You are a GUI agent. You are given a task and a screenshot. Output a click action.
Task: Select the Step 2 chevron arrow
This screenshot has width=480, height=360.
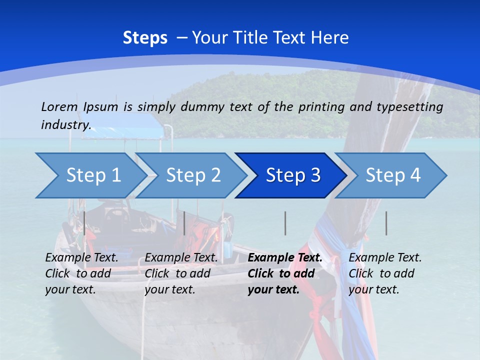[x=192, y=175]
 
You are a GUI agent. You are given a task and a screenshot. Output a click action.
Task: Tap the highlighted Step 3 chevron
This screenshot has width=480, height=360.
[x=292, y=175]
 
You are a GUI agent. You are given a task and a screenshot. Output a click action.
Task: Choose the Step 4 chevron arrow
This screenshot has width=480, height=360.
[x=392, y=175]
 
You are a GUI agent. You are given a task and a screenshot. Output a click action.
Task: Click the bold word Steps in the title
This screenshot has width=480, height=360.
[x=145, y=37]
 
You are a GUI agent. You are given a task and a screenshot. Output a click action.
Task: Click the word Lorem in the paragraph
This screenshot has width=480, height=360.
[x=59, y=106]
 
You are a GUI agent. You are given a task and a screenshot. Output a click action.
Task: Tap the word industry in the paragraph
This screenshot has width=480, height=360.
[x=65, y=125]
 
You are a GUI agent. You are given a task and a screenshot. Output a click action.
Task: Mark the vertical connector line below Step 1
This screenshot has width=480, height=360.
[x=84, y=223]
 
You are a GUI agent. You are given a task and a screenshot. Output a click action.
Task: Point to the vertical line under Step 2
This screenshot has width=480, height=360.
[x=184, y=223]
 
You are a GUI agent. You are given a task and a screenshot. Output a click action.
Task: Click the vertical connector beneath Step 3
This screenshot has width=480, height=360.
[x=285, y=223]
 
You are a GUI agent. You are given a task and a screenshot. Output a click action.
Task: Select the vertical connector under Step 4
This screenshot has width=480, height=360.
[x=386, y=223]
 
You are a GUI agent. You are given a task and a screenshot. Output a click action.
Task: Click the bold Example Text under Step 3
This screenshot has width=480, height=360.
[x=285, y=258]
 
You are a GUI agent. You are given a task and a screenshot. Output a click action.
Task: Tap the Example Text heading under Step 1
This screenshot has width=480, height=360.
[x=81, y=258]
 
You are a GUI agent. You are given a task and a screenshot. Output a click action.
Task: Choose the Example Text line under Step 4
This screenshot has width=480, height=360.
[x=385, y=258]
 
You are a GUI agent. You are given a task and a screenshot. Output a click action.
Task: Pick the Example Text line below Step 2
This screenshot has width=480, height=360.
[x=181, y=258]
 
